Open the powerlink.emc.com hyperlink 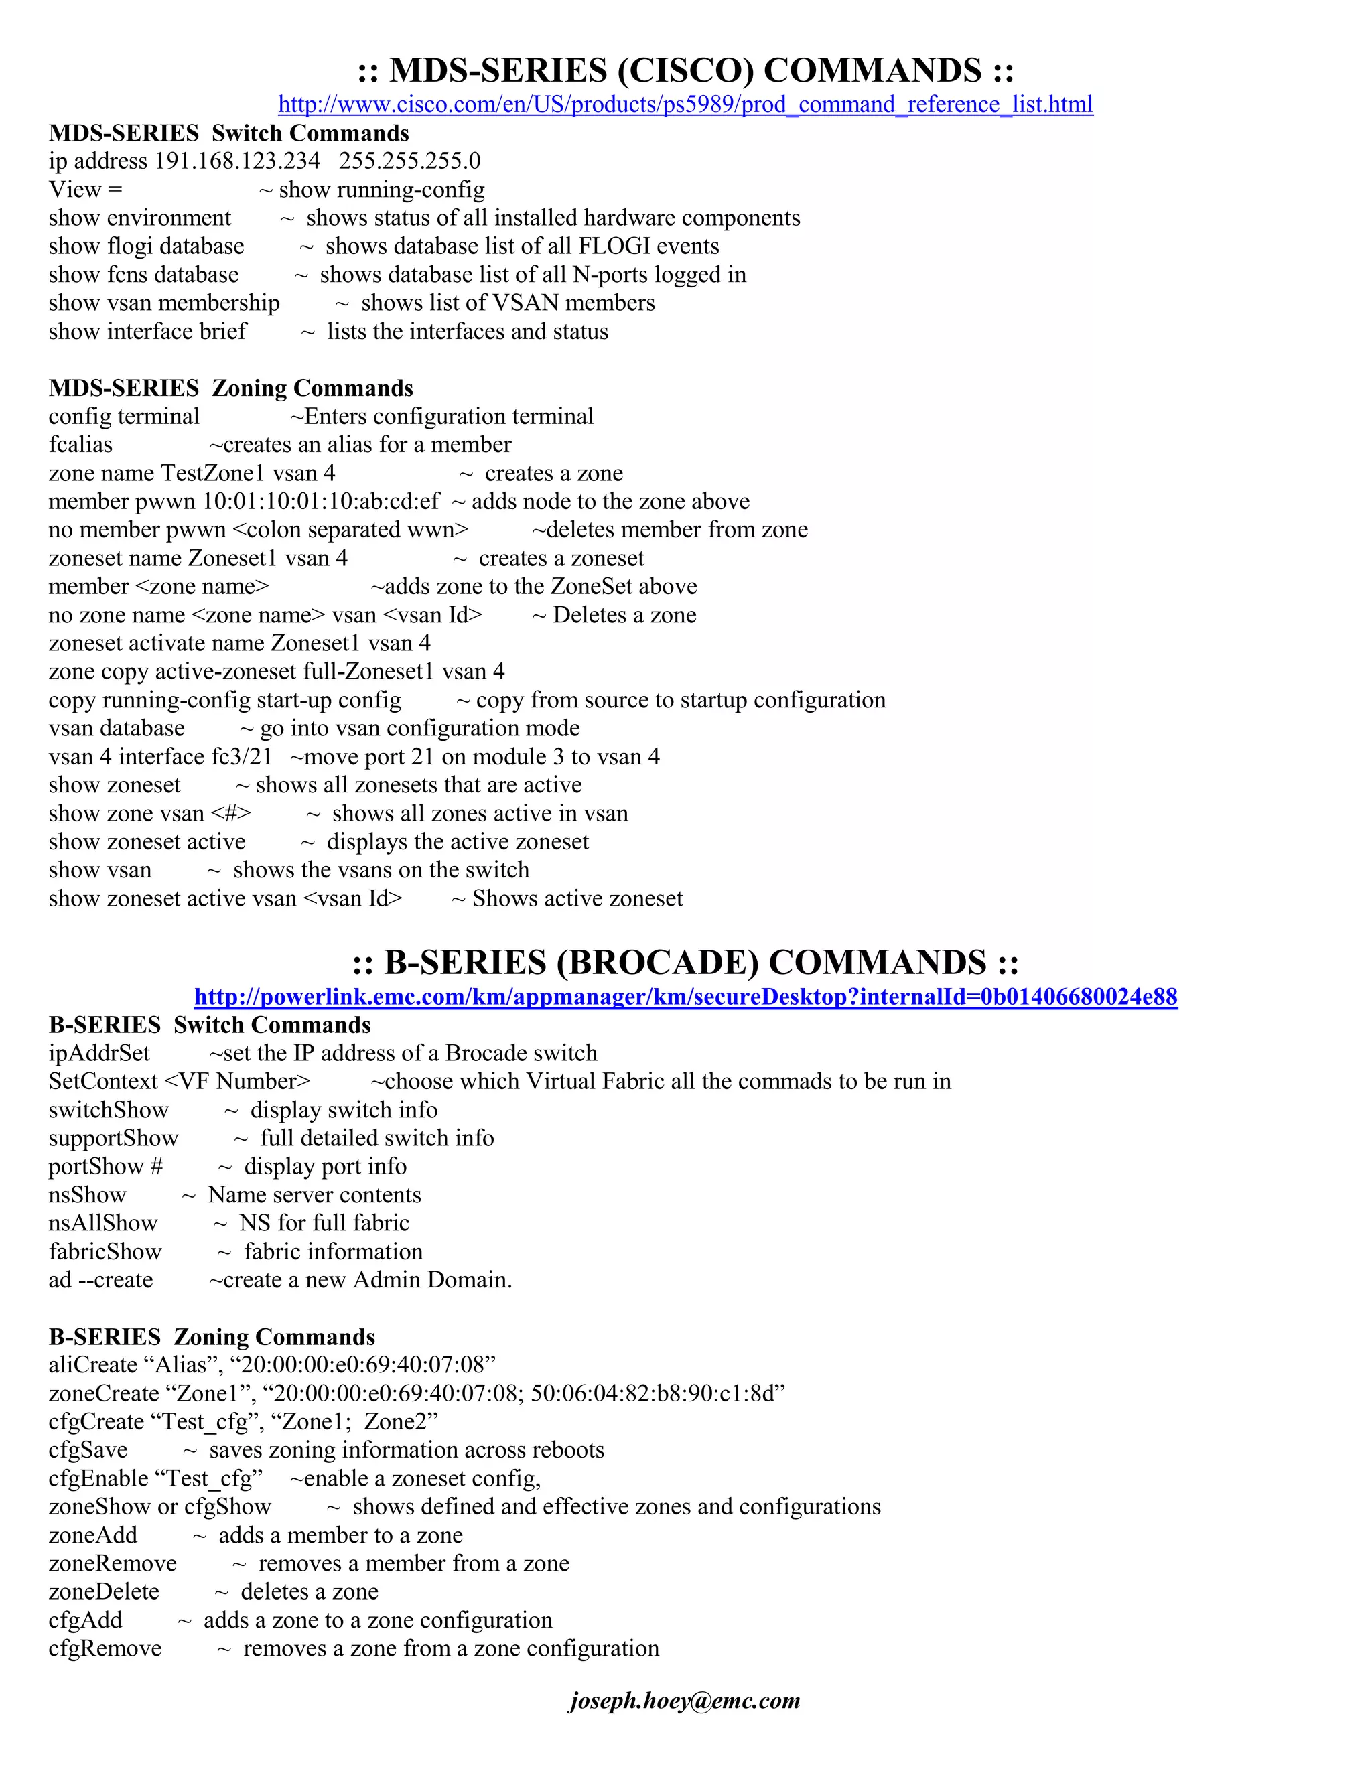(685, 997)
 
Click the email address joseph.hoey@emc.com (685, 1700)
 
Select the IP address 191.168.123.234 (237, 161)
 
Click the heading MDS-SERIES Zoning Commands (231, 388)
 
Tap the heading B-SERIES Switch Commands (210, 1024)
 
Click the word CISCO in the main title (685, 71)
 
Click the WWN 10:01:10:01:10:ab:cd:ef (321, 502)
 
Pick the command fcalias (80, 445)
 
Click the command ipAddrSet (99, 1054)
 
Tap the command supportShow (113, 1139)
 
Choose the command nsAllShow (103, 1223)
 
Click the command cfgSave (88, 1450)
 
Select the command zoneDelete (104, 1591)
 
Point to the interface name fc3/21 (241, 757)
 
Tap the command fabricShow (105, 1252)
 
